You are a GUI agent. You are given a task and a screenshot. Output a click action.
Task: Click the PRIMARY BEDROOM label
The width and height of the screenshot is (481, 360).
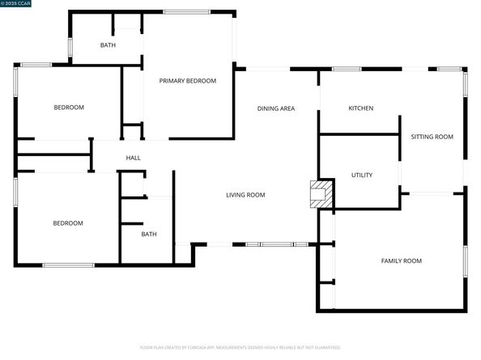click(187, 81)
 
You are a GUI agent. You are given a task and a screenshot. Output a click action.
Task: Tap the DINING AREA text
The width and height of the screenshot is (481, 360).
click(275, 108)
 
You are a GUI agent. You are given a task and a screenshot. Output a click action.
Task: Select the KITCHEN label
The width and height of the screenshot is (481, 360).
click(360, 108)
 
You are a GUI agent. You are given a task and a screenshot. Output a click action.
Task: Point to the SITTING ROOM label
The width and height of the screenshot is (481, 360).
click(432, 137)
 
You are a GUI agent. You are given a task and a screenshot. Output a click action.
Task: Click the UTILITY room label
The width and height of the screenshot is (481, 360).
click(361, 175)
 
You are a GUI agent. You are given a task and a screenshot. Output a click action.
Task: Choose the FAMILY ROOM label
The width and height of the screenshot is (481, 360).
click(401, 260)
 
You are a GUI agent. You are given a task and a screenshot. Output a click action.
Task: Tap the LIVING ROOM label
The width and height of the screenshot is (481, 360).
click(245, 195)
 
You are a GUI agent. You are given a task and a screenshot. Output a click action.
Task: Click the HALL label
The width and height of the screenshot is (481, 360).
click(134, 158)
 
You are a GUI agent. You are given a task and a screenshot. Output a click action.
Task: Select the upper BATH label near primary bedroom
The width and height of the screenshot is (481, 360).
click(108, 45)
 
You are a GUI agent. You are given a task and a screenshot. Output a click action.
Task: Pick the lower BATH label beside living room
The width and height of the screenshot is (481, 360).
click(149, 235)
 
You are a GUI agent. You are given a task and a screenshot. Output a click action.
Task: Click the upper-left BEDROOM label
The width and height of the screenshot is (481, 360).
click(70, 108)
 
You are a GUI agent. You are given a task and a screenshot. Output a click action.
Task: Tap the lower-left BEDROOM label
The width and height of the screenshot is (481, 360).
click(68, 223)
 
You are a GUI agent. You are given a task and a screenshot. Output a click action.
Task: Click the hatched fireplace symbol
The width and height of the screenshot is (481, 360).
click(322, 194)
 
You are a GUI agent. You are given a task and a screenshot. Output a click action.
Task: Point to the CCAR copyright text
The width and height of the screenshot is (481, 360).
click(15, 4)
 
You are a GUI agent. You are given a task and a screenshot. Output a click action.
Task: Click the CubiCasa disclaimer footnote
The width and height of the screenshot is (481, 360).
click(240, 347)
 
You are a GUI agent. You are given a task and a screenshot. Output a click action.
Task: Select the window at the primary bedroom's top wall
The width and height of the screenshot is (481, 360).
click(187, 11)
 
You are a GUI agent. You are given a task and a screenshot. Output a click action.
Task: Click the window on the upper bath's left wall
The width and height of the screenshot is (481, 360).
click(70, 45)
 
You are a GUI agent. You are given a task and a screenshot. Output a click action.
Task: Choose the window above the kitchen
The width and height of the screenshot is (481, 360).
click(347, 69)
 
